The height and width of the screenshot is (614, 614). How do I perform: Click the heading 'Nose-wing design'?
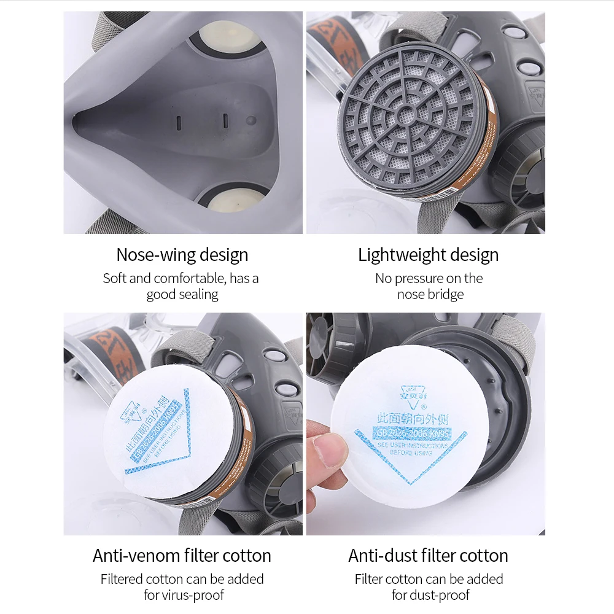click(182, 255)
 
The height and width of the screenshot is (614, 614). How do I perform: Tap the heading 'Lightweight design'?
click(429, 255)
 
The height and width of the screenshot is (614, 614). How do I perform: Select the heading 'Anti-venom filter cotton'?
click(182, 556)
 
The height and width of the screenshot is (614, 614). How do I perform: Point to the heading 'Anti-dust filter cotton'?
click(429, 556)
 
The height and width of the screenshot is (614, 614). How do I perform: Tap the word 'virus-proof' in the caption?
click(192, 595)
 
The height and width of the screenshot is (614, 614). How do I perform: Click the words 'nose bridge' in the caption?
click(430, 295)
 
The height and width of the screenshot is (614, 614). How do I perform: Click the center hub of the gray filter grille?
click(406, 114)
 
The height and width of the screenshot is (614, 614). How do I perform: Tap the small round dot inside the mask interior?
click(250, 120)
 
